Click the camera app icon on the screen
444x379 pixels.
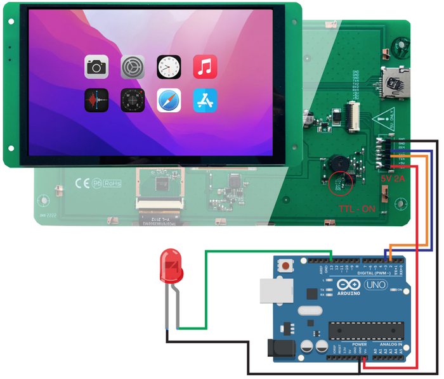click(x=96, y=67)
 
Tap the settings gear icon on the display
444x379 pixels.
click(x=133, y=67)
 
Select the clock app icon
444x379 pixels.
click(x=169, y=67)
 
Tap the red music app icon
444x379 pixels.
click(x=205, y=67)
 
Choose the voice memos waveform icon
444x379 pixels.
click(x=96, y=100)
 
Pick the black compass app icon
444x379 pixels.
click(x=133, y=100)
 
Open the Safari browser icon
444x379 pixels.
click(x=169, y=100)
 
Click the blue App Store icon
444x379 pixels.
click(x=205, y=100)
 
